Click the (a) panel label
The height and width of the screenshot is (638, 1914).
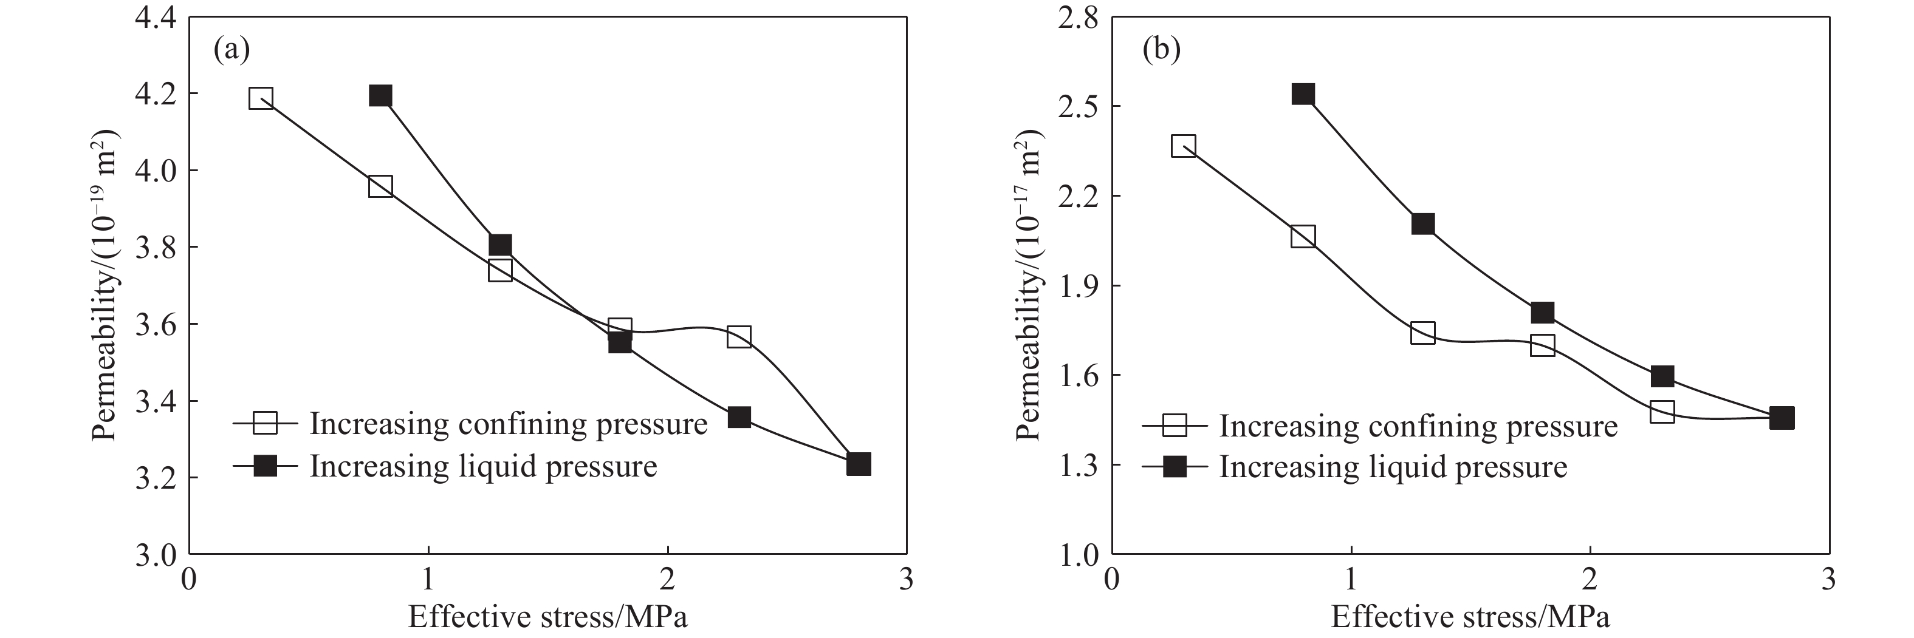[231, 50]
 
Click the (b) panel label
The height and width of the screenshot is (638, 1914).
[1161, 50]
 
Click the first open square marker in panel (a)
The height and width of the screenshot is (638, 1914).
[261, 98]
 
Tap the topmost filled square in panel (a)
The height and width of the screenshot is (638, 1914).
[380, 96]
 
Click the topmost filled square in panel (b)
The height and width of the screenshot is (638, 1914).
[1303, 94]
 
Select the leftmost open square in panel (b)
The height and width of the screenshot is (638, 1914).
[1184, 146]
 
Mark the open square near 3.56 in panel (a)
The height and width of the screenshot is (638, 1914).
[738, 336]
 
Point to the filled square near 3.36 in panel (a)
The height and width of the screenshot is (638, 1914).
[738, 416]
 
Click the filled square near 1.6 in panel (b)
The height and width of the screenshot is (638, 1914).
[1662, 376]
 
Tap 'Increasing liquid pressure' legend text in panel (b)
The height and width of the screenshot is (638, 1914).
[1393, 466]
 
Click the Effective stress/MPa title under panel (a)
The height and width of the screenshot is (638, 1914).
[547, 617]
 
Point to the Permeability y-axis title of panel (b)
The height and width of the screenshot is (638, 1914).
[1029, 286]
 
